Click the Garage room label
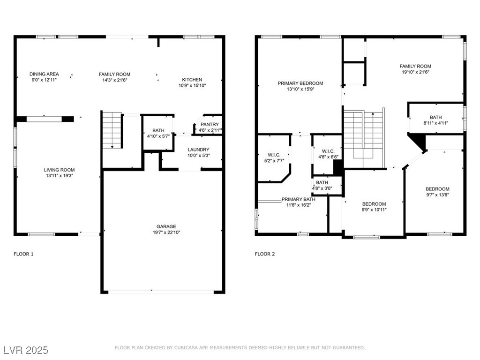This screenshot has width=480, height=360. click(x=166, y=226)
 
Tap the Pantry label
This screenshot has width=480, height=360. click(x=210, y=124)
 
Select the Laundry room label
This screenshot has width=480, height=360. click(x=198, y=150)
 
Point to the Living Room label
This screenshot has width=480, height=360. click(x=59, y=170)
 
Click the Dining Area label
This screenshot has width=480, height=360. click(x=44, y=74)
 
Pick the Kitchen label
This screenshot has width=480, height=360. click(x=192, y=80)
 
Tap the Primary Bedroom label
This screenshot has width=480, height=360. click(x=300, y=83)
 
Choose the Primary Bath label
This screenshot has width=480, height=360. click(x=299, y=199)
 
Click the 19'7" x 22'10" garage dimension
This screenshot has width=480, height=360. click(x=166, y=232)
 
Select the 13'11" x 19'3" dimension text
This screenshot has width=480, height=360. click(x=59, y=176)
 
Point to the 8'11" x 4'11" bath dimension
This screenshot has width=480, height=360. click(x=435, y=123)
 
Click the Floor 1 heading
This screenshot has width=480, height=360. click(x=23, y=254)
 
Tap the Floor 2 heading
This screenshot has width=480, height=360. click(x=265, y=254)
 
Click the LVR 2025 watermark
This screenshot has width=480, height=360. click(x=26, y=350)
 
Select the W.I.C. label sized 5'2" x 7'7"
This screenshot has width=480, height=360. click(x=274, y=155)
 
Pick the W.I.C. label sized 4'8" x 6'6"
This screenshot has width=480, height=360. click(x=328, y=151)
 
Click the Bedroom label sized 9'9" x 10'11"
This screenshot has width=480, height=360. click(x=374, y=204)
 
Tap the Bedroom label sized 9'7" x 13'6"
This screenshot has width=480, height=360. click(x=437, y=189)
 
